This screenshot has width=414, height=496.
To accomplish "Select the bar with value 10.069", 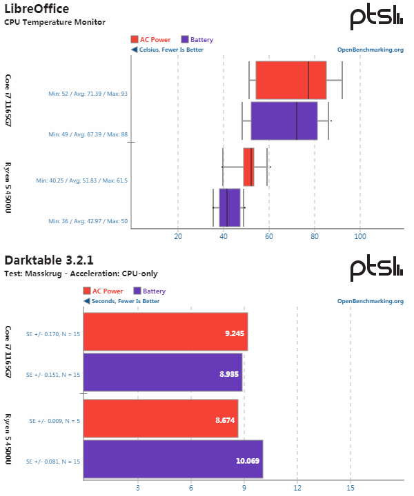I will click(x=172, y=459).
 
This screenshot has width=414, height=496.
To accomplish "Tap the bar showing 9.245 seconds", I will click(x=165, y=331).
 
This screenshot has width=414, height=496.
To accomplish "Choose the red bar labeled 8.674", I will click(x=160, y=418).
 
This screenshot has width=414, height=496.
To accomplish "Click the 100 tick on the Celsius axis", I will click(x=360, y=236).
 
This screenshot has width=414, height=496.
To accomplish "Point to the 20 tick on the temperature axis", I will click(x=178, y=236).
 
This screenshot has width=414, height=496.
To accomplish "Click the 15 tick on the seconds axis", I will click(x=351, y=488).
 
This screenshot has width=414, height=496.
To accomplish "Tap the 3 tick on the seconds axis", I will click(x=137, y=488).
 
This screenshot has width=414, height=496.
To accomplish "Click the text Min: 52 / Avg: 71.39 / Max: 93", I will click(x=88, y=93).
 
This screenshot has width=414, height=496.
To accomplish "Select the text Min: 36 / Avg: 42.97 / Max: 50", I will click(x=88, y=221).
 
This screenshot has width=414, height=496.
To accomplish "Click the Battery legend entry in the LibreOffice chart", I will click(x=197, y=40).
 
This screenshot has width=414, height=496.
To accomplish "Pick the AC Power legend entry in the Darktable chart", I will click(x=103, y=291).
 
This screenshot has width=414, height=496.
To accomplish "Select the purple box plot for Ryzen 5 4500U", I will click(x=230, y=207).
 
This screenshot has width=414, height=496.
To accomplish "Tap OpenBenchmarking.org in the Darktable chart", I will click(x=370, y=301).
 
